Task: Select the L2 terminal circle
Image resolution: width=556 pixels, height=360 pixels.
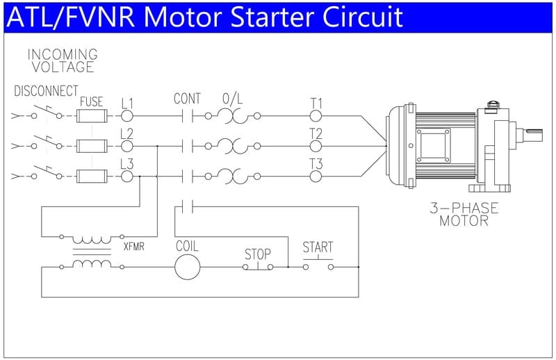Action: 126,146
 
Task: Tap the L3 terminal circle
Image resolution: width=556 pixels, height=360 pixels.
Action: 126,177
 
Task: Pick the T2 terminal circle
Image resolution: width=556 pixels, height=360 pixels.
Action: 316,146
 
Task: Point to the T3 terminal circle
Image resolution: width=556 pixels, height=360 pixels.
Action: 316,177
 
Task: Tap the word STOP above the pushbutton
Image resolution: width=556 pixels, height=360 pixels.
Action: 257,254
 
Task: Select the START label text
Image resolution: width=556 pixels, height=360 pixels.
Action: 318,247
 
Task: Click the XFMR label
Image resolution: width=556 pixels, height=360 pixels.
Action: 133,246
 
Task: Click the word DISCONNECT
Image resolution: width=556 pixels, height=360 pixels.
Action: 46,92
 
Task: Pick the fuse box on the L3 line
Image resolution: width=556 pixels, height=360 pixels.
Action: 91,177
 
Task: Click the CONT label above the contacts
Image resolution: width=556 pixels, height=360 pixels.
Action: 187,99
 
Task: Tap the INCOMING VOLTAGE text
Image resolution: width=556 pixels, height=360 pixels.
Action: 62,60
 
